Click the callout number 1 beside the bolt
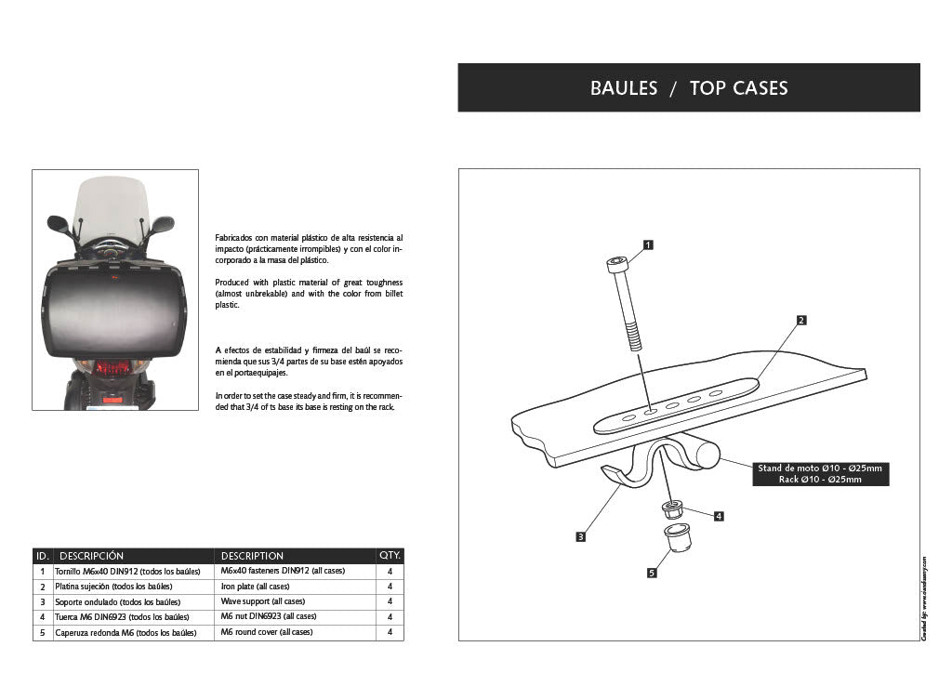(648, 245)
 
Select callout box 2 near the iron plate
(800, 321)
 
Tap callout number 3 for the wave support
(580, 536)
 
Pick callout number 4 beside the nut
(719, 516)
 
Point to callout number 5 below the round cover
(652, 574)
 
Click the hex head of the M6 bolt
(617, 265)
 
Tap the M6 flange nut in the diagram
(672, 509)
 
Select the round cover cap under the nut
(679, 536)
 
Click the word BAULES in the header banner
(623, 88)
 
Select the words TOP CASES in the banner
(738, 88)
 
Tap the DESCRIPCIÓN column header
(91, 556)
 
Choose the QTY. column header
(390, 556)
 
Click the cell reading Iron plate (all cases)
(255, 587)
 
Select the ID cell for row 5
(42, 633)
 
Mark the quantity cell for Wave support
(390, 601)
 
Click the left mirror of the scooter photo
(58, 223)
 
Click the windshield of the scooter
(112, 206)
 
